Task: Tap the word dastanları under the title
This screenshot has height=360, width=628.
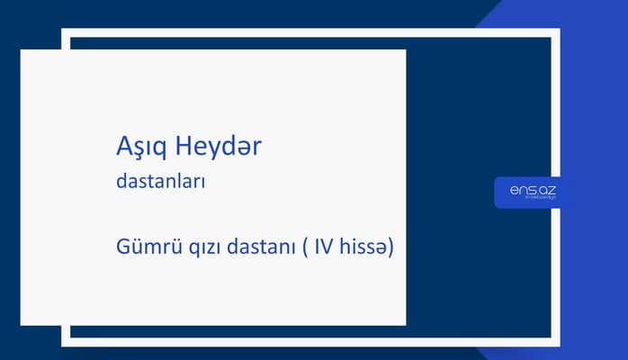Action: point(162,181)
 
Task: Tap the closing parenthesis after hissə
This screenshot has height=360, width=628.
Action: point(393,247)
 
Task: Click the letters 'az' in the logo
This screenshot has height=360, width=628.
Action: point(548,190)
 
